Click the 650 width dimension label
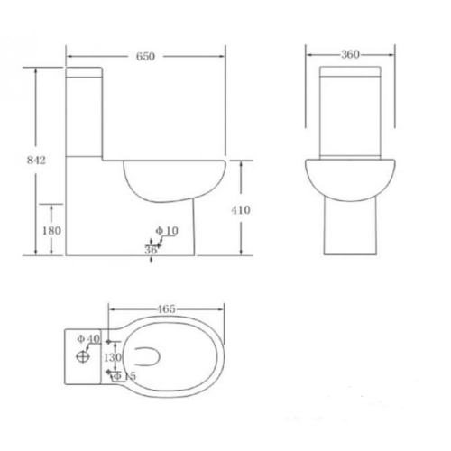[147, 56]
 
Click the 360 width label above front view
[351, 54]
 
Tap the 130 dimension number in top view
[113, 358]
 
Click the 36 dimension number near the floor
[151, 249]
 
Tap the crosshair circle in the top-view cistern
[83, 356]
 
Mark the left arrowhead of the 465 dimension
[111, 309]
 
